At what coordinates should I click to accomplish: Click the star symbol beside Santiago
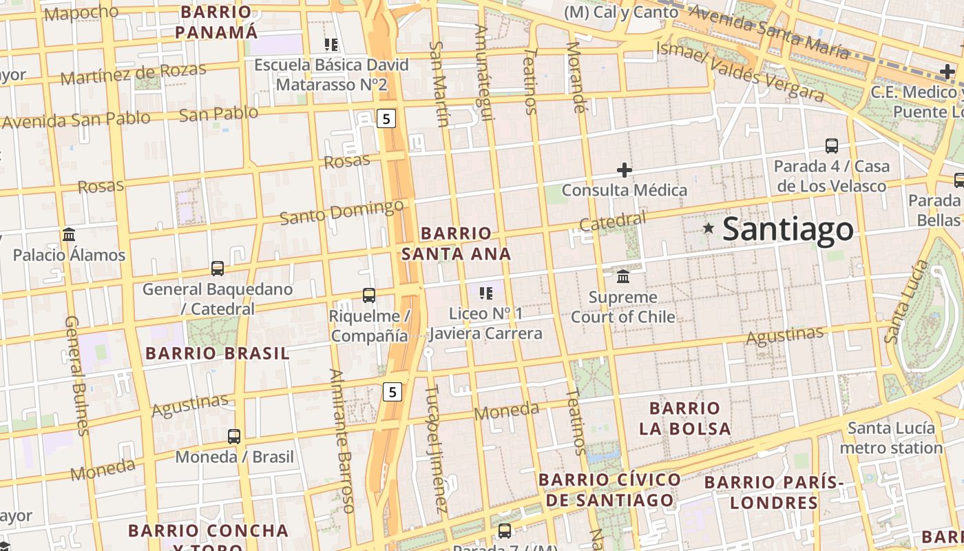pos(709,228)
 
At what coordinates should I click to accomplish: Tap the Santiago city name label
pos(788,229)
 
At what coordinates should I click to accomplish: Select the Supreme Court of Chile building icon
pos(624,276)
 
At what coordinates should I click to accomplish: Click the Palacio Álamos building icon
pos(69,234)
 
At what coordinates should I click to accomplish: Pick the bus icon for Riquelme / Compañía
pos(369,295)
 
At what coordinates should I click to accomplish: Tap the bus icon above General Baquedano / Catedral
pos(218,269)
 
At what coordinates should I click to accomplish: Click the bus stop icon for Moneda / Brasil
pos(234,436)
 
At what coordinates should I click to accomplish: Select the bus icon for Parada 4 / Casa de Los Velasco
pos(832,146)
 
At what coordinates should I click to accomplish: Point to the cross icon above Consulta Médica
pos(625,169)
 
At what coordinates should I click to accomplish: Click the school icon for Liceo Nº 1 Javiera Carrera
pos(486,293)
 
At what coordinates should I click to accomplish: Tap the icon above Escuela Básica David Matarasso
pos(331,45)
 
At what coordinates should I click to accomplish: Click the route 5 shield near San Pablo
pos(386,118)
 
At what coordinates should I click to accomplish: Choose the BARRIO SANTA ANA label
pos(456,243)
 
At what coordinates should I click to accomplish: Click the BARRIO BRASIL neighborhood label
pos(218,354)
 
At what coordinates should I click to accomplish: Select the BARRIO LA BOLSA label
pos(684,418)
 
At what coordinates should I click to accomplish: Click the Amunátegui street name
pos(483,72)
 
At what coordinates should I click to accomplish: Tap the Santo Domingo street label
pos(342,212)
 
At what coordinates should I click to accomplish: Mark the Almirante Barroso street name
pos(342,441)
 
